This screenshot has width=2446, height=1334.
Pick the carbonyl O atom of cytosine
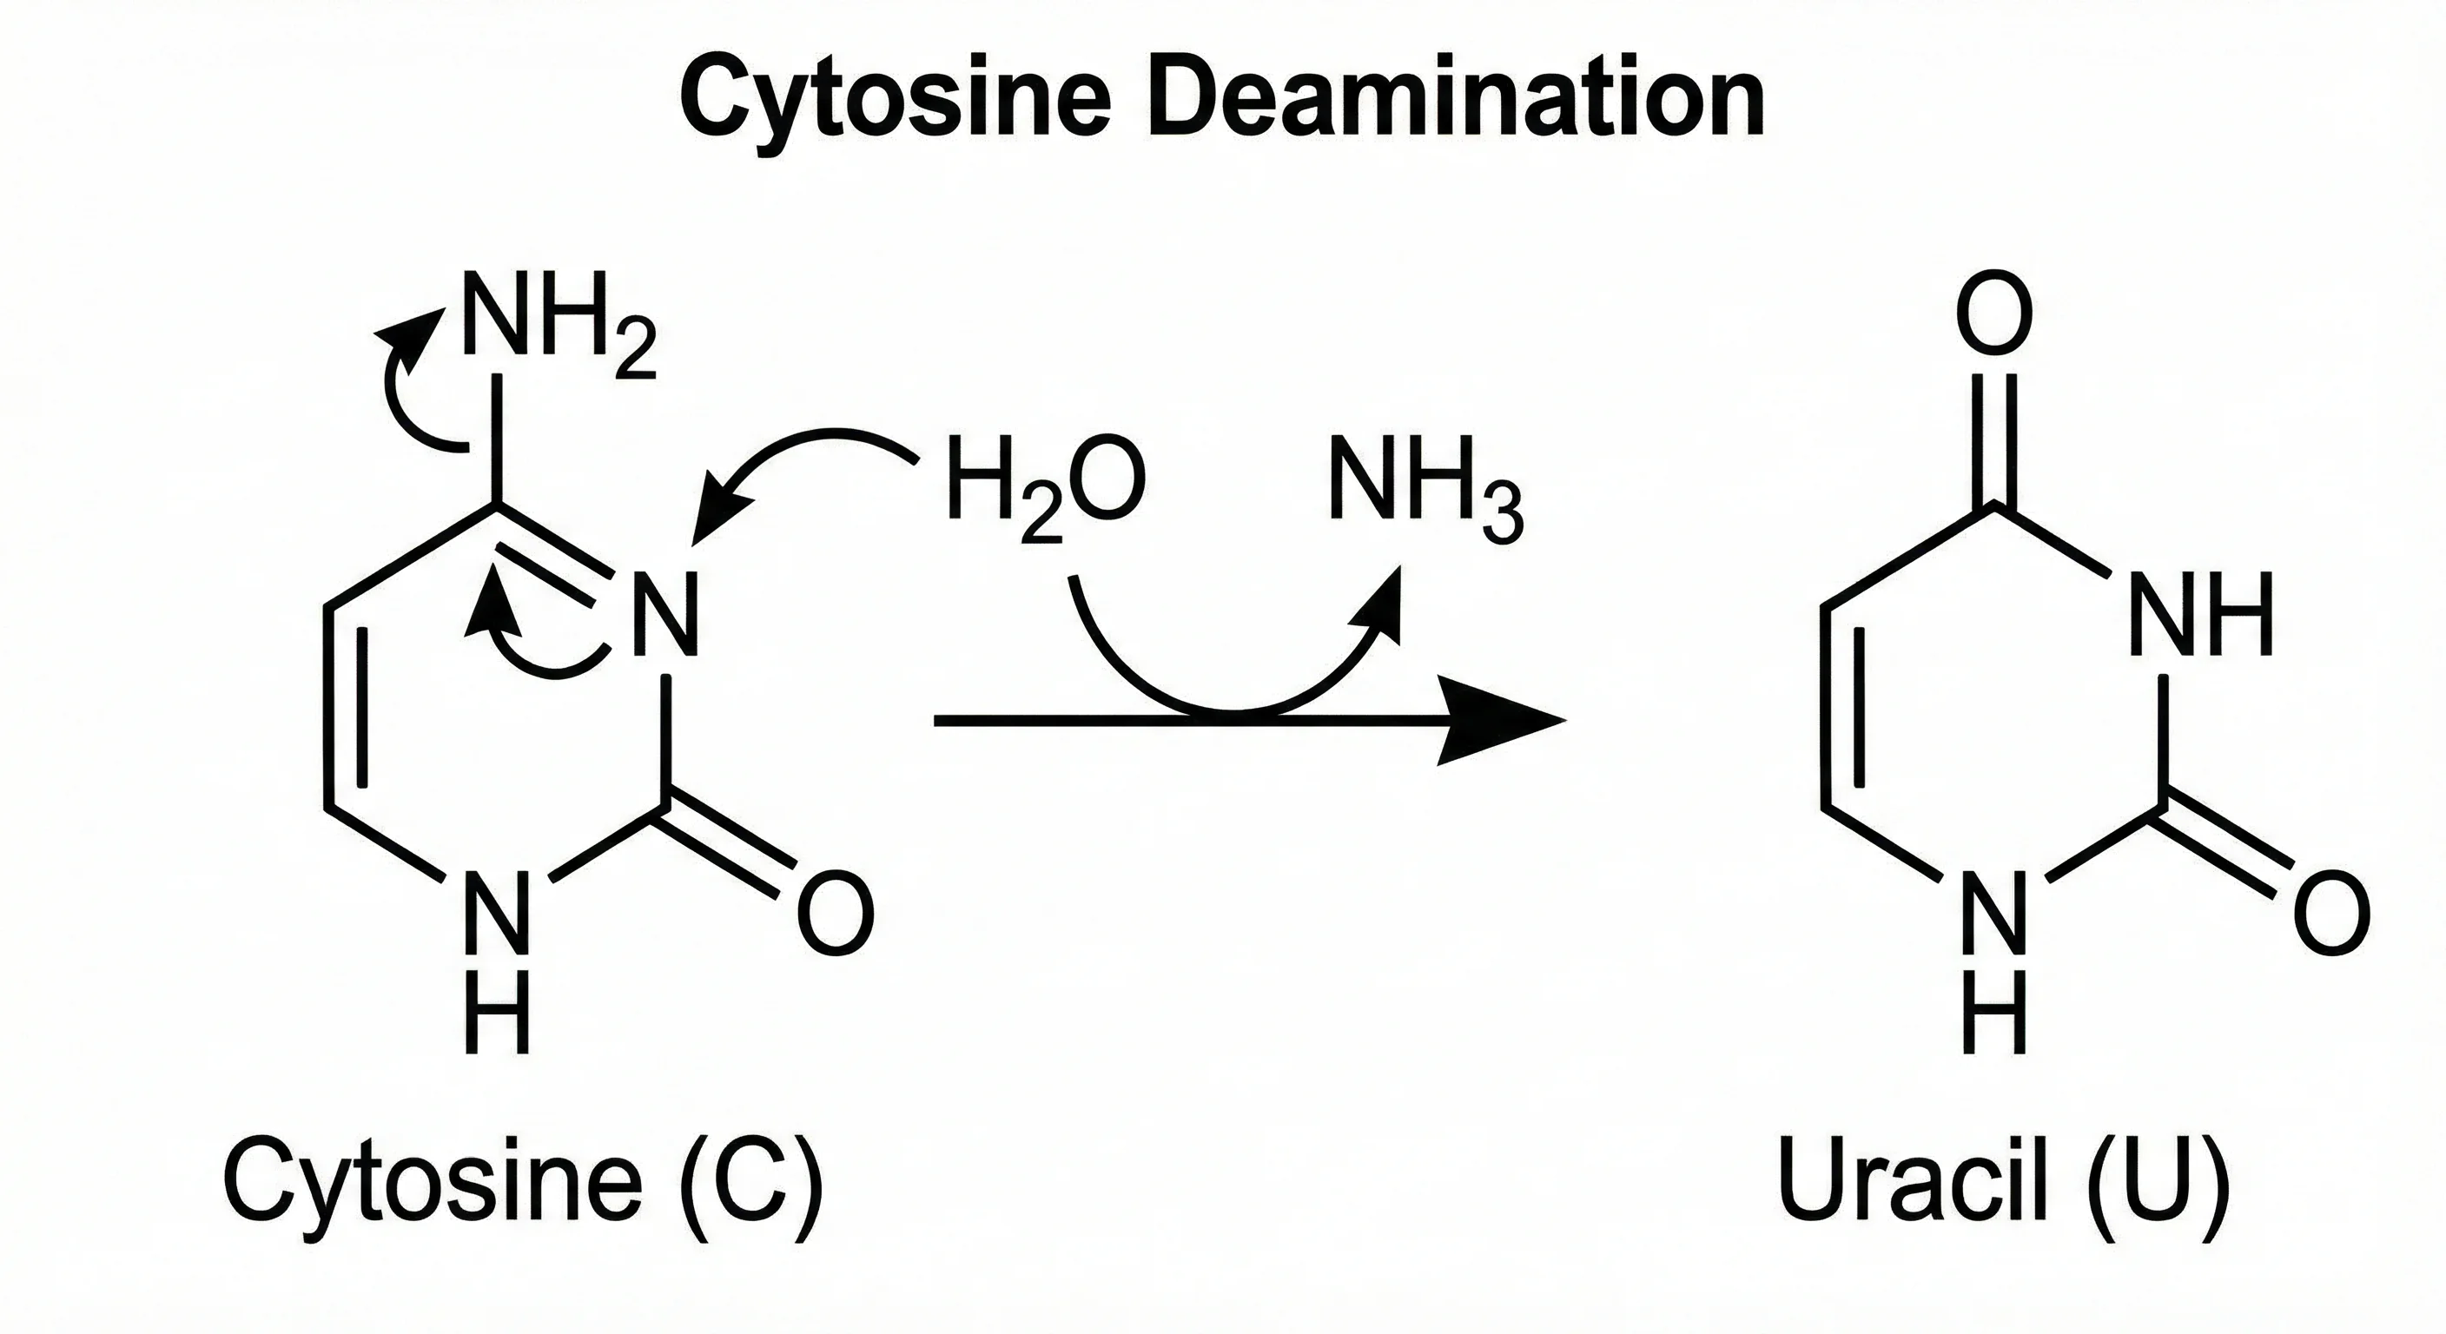tap(835, 916)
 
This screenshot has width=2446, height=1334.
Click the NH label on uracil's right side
tap(2200, 614)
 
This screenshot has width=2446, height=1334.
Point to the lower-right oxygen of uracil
tap(2331, 916)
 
